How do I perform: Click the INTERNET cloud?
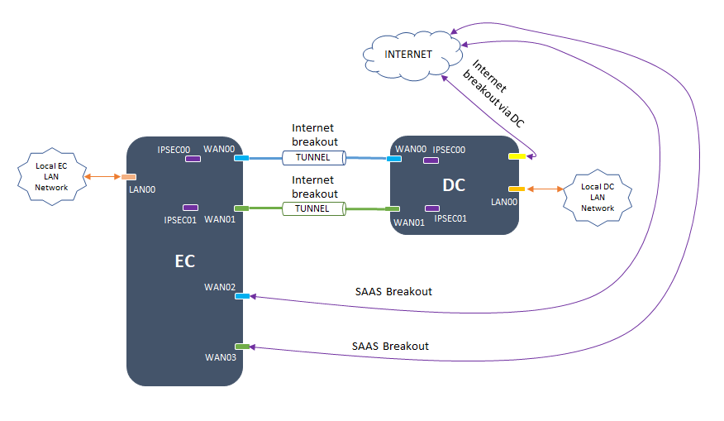(409, 55)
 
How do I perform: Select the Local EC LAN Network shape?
(51, 176)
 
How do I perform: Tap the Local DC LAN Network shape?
(597, 197)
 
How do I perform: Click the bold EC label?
(184, 261)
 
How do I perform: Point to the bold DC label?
(454, 185)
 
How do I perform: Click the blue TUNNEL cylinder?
(312, 157)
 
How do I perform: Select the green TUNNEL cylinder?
(312, 208)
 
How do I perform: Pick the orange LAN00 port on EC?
(129, 177)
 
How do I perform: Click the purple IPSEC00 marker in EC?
(193, 159)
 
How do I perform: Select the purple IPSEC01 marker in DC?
(431, 208)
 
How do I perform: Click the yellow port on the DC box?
(516, 155)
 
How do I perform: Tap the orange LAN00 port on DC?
(516, 189)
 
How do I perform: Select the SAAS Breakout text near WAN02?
(393, 291)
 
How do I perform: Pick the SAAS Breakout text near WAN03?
(390, 346)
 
